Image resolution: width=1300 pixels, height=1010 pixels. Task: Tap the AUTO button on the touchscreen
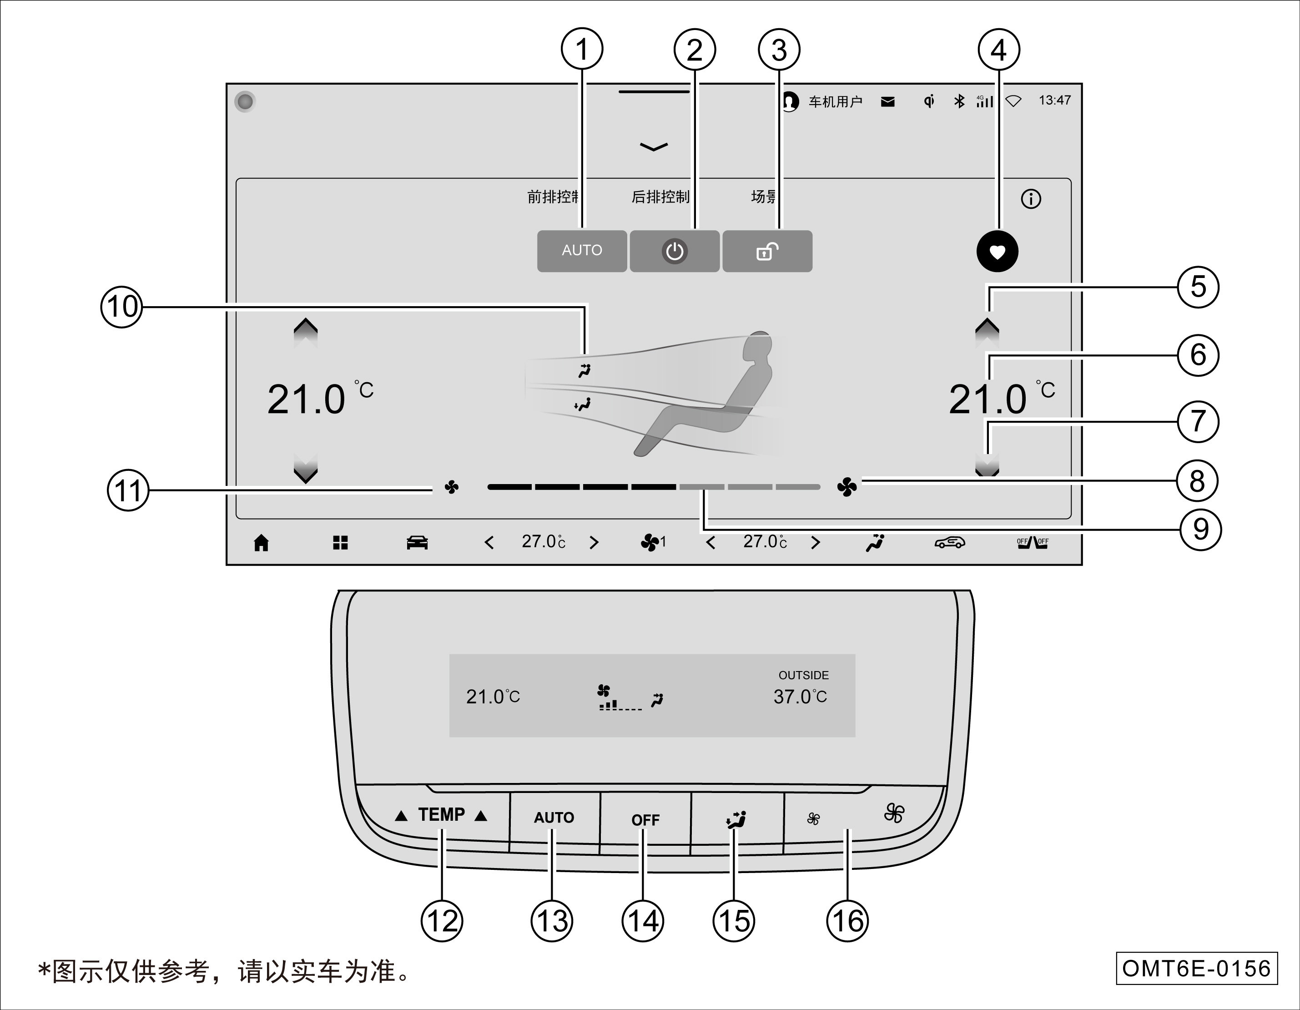click(582, 251)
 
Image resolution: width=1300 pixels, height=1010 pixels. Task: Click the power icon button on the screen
click(675, 251)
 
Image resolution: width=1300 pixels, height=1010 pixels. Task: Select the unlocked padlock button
click(767, 251)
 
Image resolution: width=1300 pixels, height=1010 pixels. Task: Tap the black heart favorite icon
click(997, 251)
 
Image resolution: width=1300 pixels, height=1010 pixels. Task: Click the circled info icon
click(1031, 199)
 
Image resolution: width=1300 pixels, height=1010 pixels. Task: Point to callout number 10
click(122, 307)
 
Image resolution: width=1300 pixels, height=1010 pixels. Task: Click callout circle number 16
click(847, 921)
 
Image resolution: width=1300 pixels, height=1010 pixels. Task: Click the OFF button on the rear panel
click(645, 820)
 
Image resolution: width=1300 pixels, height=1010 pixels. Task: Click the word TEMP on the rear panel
click(441, 814)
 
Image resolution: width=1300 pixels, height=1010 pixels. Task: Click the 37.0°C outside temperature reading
click(800, 697)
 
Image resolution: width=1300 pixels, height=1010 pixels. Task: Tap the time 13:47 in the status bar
click(1054, 101)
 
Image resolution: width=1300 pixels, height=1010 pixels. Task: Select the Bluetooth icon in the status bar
click(959, 101)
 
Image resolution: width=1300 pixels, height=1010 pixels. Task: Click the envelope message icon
click(887, 102)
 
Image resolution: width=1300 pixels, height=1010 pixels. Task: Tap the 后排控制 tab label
click(660, 197)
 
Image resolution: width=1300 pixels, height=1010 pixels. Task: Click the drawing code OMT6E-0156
click(1196, 968)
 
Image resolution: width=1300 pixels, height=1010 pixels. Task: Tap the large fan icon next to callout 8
click(847, 487)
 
